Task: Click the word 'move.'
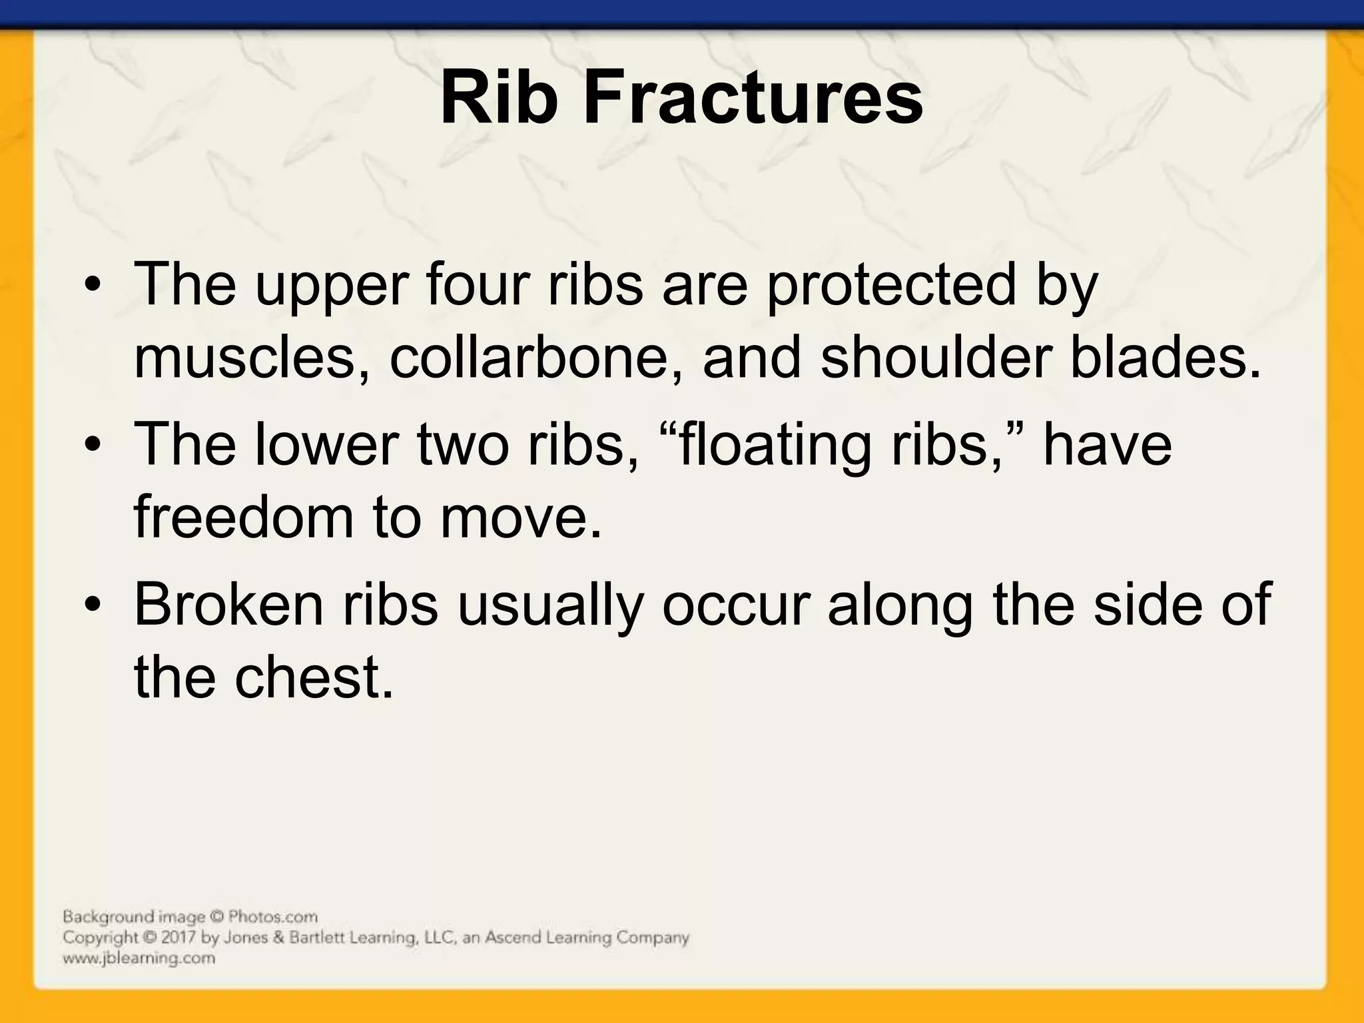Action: point(520,517)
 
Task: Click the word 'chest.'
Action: point(314,677)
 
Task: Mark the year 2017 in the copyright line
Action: point(179,938)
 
